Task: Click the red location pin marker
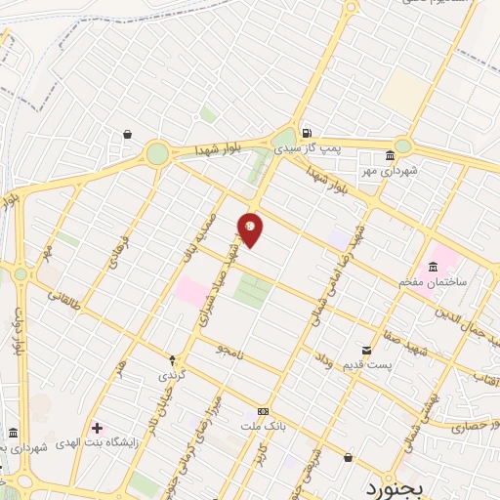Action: [x=250, y=229]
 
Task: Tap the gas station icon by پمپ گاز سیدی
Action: [x=307, y=134]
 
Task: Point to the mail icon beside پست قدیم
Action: [x=366, y=349]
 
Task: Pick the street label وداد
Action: [x=324, y=363]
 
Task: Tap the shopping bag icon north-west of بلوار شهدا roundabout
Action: [x=128, y=135]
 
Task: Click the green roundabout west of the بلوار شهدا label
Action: [x=157, y=152]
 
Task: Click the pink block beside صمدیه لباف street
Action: [x=190, y=290]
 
